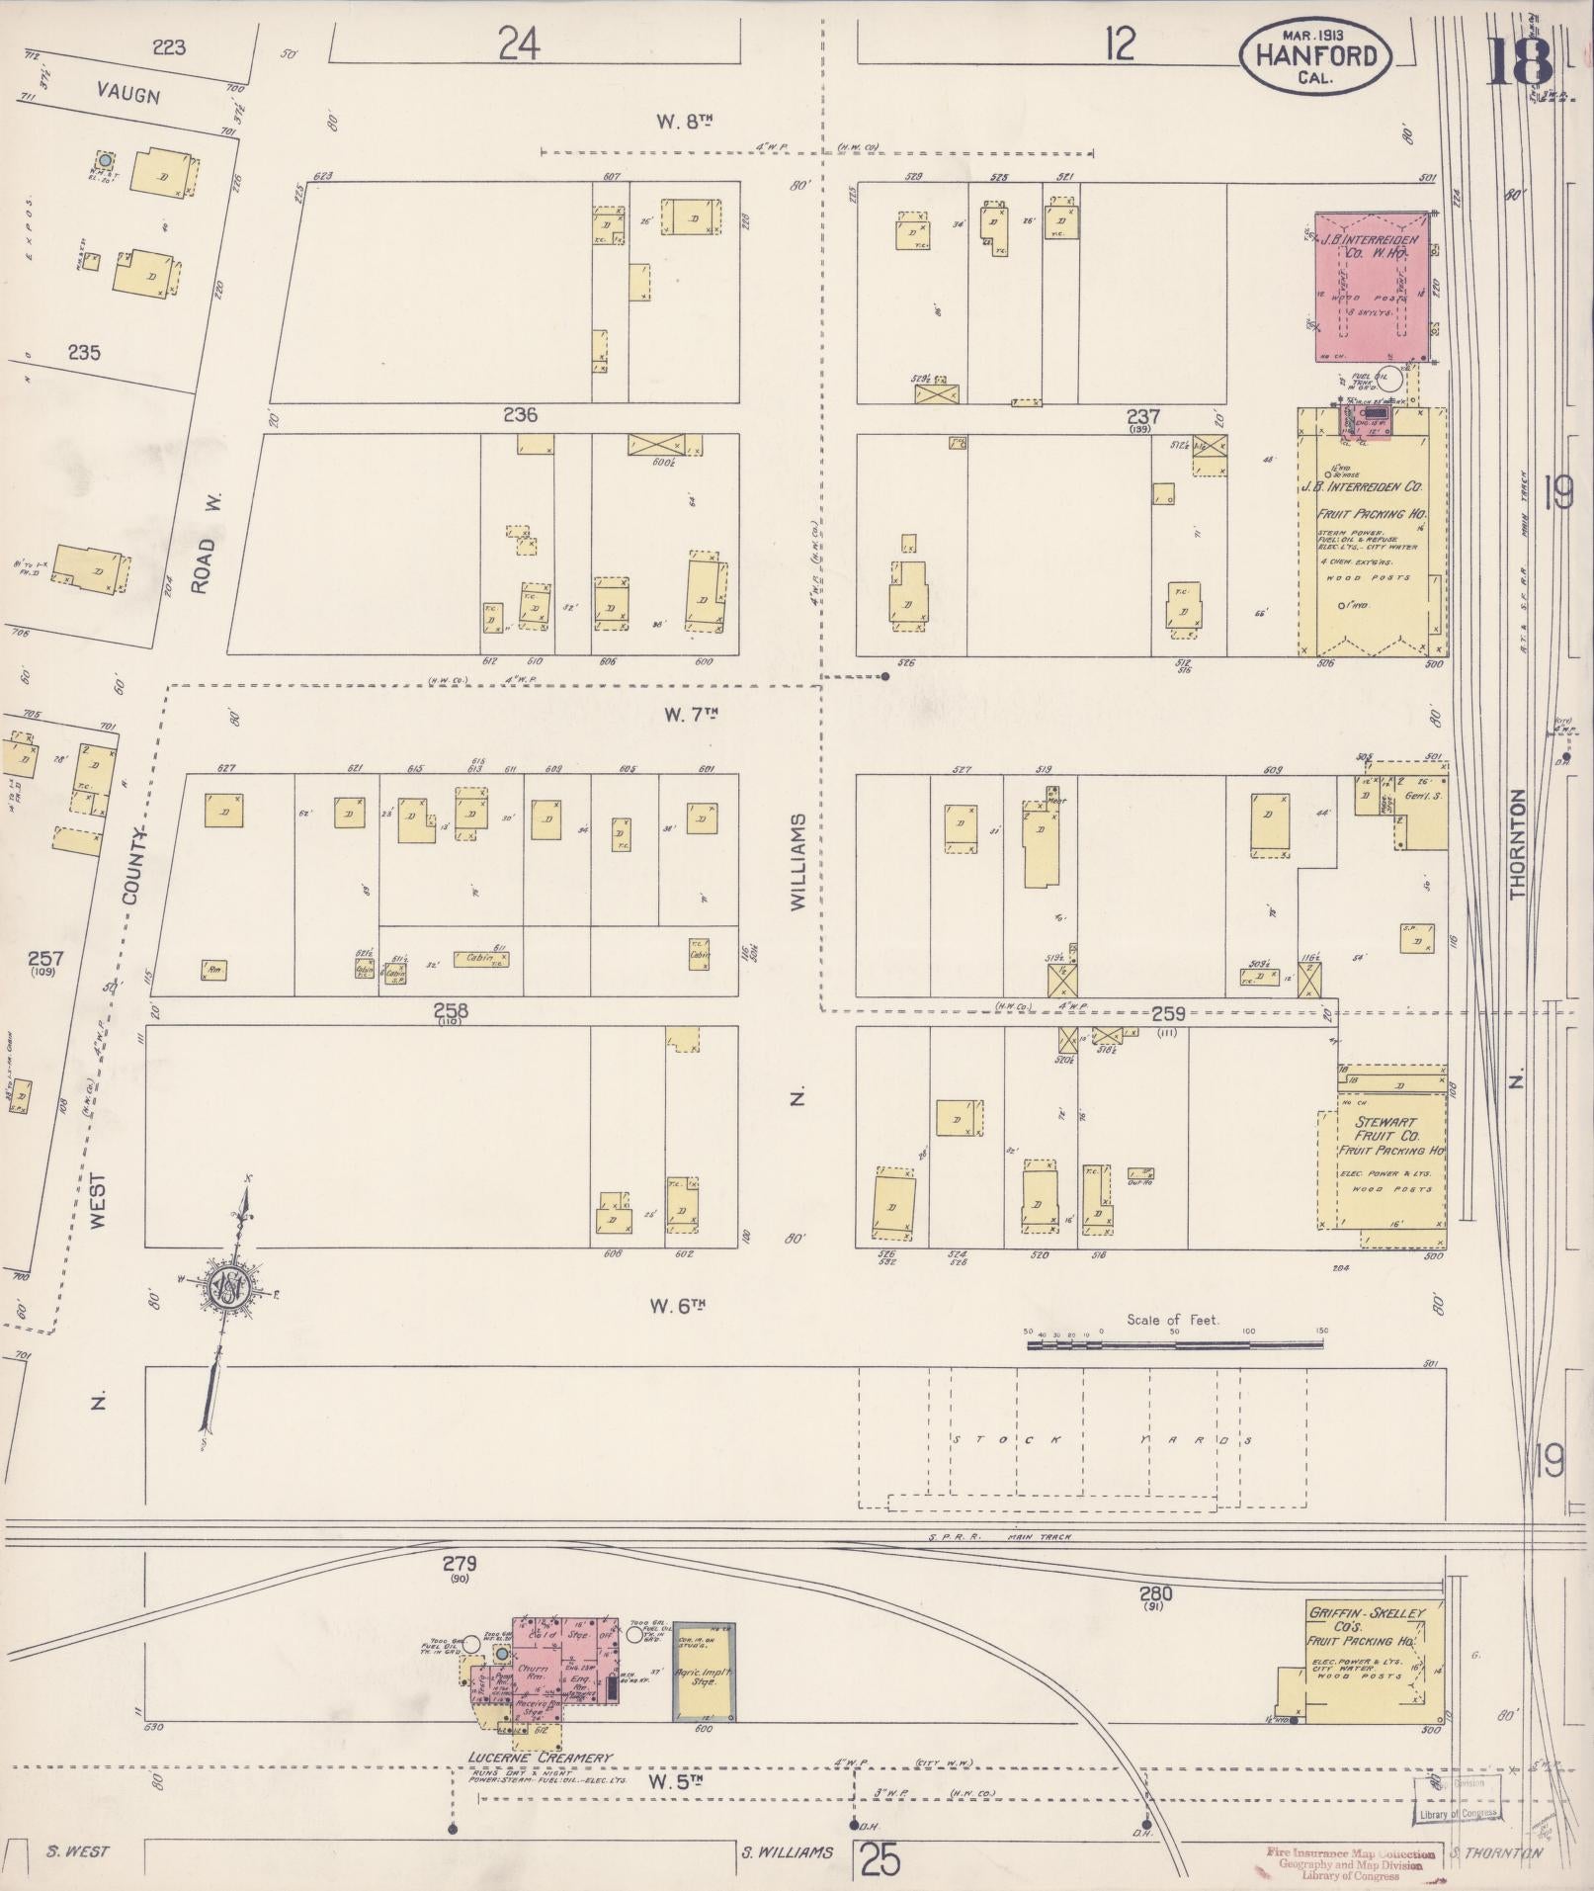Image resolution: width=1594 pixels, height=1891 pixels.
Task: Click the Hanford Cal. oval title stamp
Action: click(x=1315, y=56)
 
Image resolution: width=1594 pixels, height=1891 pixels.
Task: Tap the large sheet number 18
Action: click(x=1519, y=61)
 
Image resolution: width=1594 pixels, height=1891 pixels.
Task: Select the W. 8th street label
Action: click(x=685, y=122)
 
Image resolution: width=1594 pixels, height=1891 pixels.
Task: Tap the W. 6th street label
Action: click(x=678, y=1306)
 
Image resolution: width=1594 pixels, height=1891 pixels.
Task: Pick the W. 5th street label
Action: click(x=675, y=1780)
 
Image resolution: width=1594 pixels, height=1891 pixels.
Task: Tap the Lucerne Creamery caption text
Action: click(x=541, y=1759)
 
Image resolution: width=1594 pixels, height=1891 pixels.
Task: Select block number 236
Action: click(x=520, y=415)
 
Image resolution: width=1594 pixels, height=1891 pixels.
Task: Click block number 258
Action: click(x=450, y=1011)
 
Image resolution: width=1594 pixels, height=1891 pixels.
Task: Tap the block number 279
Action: click(x=460, y=1564)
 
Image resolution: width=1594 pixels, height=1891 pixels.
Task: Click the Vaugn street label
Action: click(x=128, y=95)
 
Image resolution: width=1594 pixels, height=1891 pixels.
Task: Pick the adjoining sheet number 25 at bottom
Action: click(x=880, y=1862)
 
